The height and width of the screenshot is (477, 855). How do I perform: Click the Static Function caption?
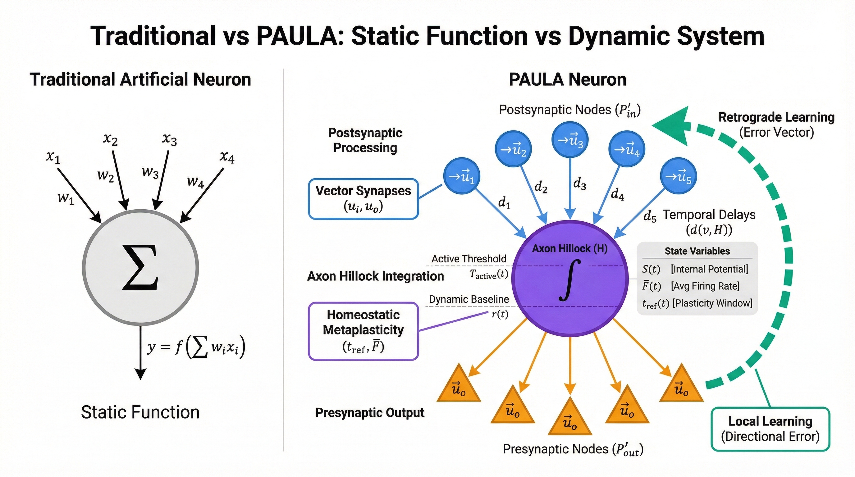tap(140, 412)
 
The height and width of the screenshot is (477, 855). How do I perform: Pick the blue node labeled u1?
tap(462, 176)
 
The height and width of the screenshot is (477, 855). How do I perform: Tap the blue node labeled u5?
tap(679, 176)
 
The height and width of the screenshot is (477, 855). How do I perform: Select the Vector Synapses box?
tap(363, 199)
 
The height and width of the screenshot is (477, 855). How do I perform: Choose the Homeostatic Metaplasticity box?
tap(363, 331)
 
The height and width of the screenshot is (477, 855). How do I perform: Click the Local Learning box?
tap(770, 429)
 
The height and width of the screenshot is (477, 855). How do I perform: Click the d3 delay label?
tap(579, 184)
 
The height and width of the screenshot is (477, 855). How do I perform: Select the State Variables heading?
tap(697, 251)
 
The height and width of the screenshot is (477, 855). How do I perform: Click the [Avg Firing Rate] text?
tap(705, 286)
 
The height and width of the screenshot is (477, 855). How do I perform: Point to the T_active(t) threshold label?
tap(489, 274)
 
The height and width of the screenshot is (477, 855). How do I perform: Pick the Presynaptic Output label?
tap(370, 413)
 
